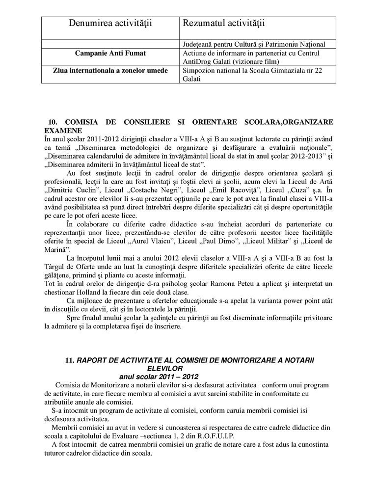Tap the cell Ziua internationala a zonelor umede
[110, 71]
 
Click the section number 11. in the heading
[69, 360]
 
